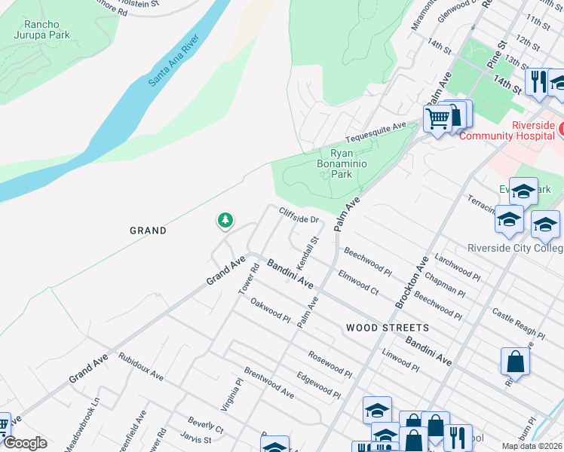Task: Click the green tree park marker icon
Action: [225, 221]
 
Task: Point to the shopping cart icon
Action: [437, 118]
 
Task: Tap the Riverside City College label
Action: [514, 249]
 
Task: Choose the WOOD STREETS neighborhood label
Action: [387, 328]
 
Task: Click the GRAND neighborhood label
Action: [148, 231]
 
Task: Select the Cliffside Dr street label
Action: [300, 215]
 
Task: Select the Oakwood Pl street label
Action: [270, 310]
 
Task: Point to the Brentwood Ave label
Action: [268, 383]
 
